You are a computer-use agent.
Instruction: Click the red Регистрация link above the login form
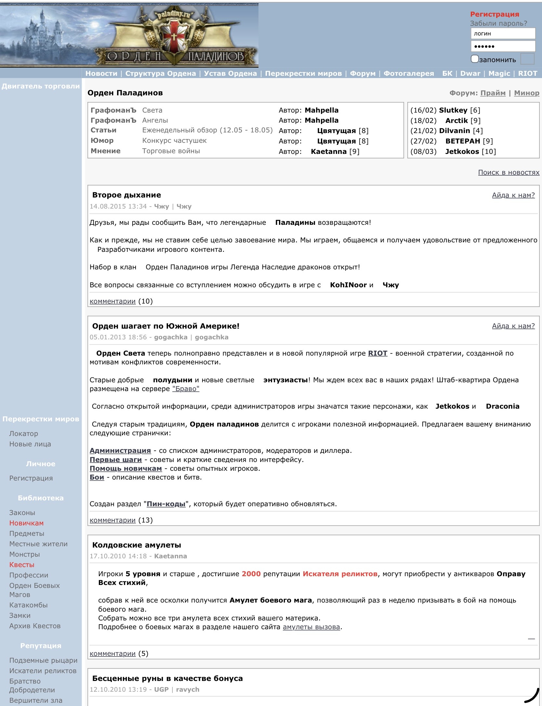pos(494,14)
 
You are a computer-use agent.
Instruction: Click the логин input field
pos(503,34)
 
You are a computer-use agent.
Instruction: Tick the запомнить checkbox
pos(475,59)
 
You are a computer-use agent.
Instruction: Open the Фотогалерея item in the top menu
pos(409,74)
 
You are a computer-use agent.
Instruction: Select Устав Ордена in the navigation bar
pos(230,74)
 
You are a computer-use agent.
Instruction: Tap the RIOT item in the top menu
pos(527,74)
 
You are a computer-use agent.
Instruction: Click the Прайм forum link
pos(493,93)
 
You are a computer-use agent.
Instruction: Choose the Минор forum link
pos(526,93)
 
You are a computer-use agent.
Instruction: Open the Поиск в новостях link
pos(509,172)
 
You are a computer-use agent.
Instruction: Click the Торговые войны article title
pos(171,151)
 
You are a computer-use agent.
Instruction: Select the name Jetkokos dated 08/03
pos(462,152)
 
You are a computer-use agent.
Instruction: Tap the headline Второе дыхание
pos(126,195)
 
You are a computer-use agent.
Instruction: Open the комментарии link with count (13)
pos(112,520)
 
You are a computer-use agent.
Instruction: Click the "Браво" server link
pos(186,389)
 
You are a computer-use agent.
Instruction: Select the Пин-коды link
pos(166,504)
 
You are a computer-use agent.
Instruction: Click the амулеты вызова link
pos(311,627)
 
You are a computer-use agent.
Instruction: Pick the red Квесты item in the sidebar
pos(22,565)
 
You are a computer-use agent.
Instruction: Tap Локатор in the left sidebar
pos(24,434)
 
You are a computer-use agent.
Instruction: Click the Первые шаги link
pos(116,460)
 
